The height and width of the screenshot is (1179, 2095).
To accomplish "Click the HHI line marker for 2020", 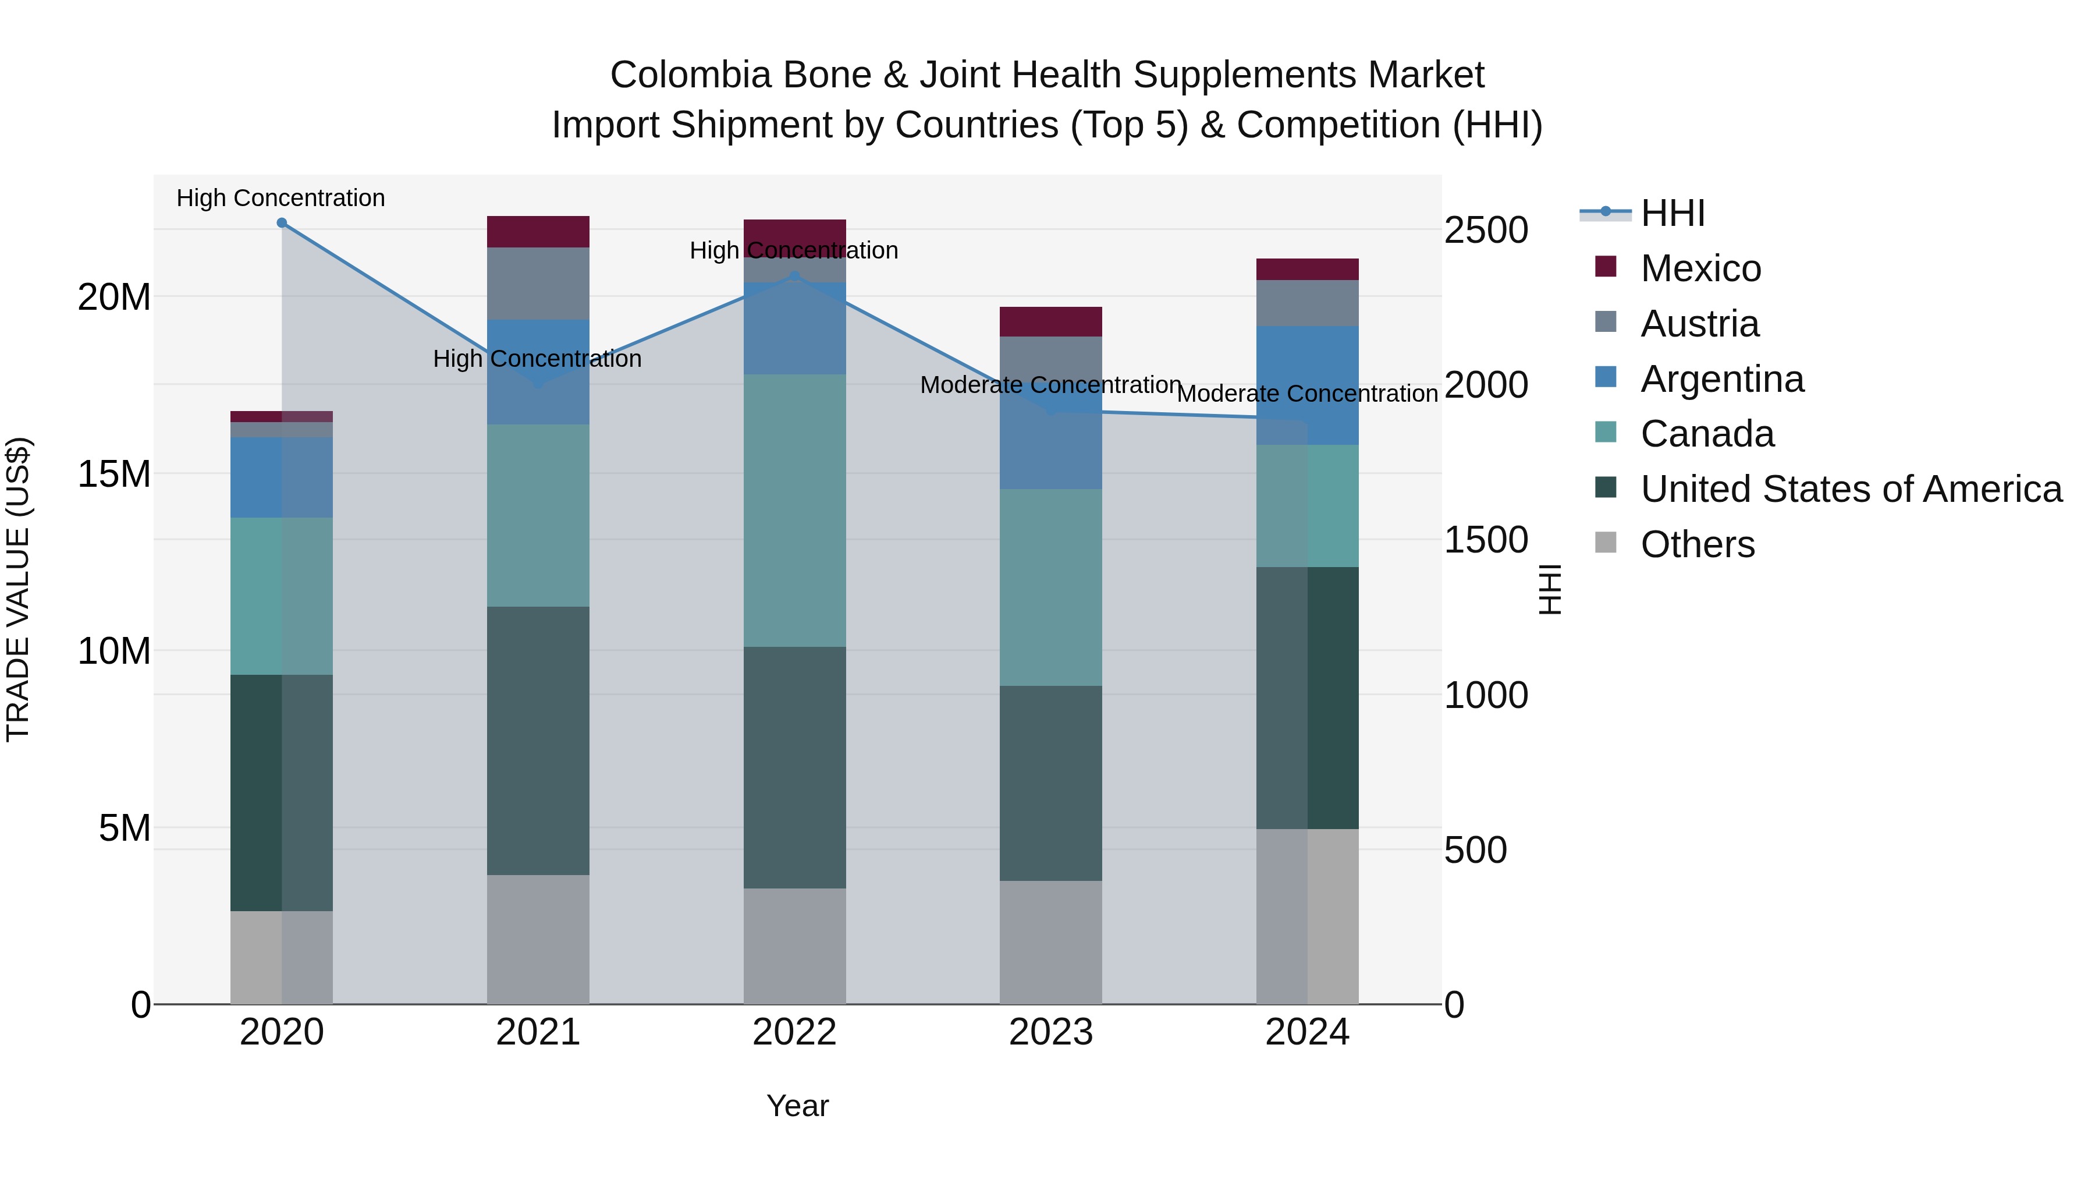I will [x=282, y=223].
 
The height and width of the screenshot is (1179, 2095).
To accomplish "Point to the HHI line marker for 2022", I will [x=794, y=277].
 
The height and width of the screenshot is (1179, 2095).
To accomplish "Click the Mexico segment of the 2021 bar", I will [x=538, y=232].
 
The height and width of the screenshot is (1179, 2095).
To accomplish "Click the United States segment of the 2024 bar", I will [x=1307, y=698].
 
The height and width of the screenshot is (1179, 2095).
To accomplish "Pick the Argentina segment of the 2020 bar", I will [x=282, y=477].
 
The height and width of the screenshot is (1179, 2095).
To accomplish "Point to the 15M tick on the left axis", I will [x=114, y=473].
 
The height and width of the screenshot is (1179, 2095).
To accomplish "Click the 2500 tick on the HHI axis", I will [x=1485, y=230].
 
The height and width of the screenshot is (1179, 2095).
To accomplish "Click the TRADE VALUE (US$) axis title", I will [x=18, y=589].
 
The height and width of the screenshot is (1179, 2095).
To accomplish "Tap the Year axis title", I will [x=797, y=1106].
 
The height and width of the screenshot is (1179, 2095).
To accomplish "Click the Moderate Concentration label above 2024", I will [x=1307, y=394].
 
